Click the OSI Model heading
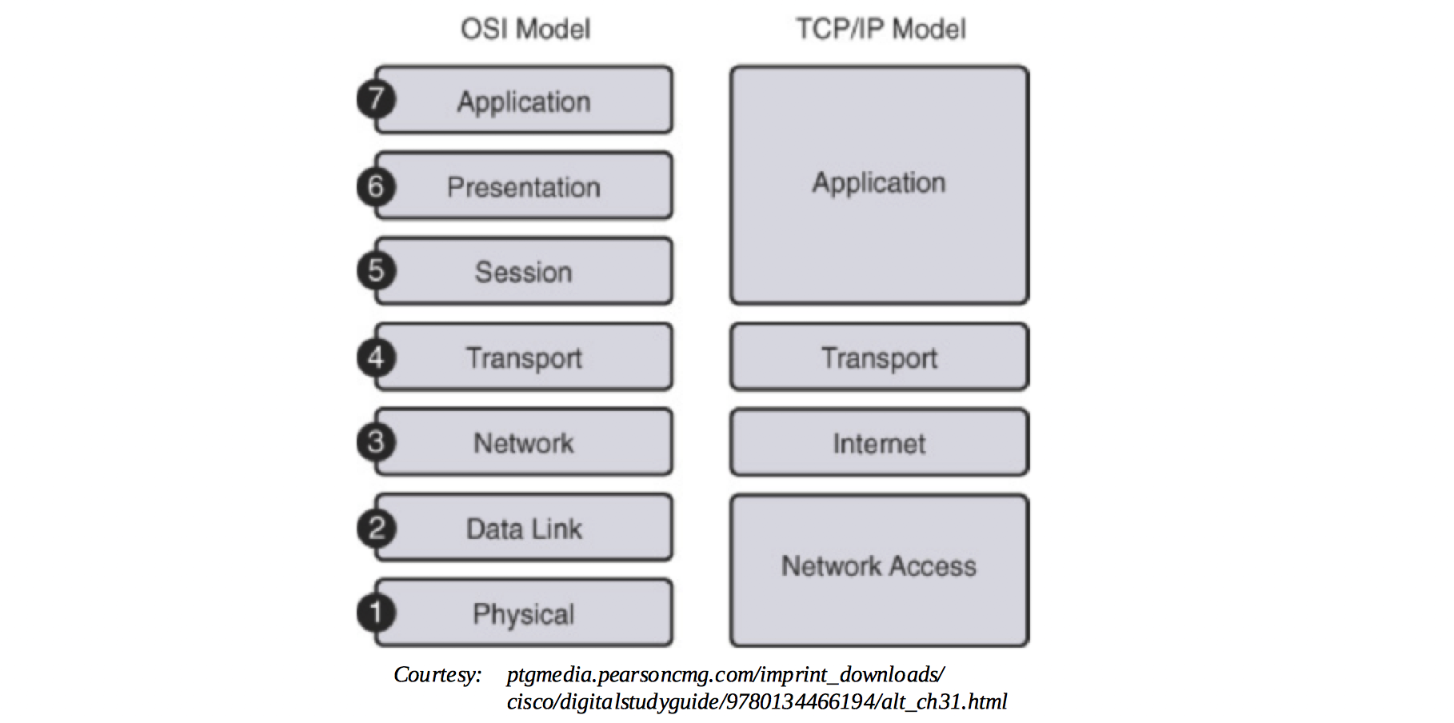coord(525,30)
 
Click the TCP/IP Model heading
coord(881,30)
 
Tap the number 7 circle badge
coord(375,99)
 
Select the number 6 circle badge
coord(375,186)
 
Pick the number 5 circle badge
coord(375,270)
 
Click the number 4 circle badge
coord(375,357)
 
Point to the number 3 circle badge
coord(375,442)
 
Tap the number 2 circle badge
coord(375,528)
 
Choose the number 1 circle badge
coord(375,613)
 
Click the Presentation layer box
coord(524,186)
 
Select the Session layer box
coord(524,271)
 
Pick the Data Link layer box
coord(524,528)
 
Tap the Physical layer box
coord(524,613)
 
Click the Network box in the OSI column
coord(524,442)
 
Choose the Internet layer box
coord(879,442)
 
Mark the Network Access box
coord(879,569)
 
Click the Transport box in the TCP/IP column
coord(879,357)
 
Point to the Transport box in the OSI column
coord(524,357)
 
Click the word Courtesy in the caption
coord(437,675)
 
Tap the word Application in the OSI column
coord(524,102)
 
